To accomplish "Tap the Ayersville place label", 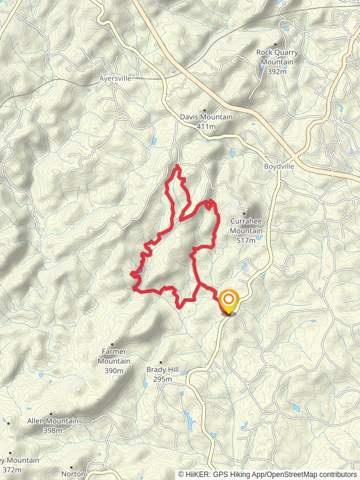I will click(115, 78).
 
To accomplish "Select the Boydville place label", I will click(279, 166).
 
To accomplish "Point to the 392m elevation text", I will click(277, 71).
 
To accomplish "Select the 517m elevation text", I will click(247, 240).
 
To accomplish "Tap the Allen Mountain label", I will click(53, 421).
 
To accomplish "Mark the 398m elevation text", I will click(53, 431).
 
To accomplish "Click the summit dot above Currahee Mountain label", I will click(245, 212).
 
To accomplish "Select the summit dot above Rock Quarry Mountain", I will click(275, 44).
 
